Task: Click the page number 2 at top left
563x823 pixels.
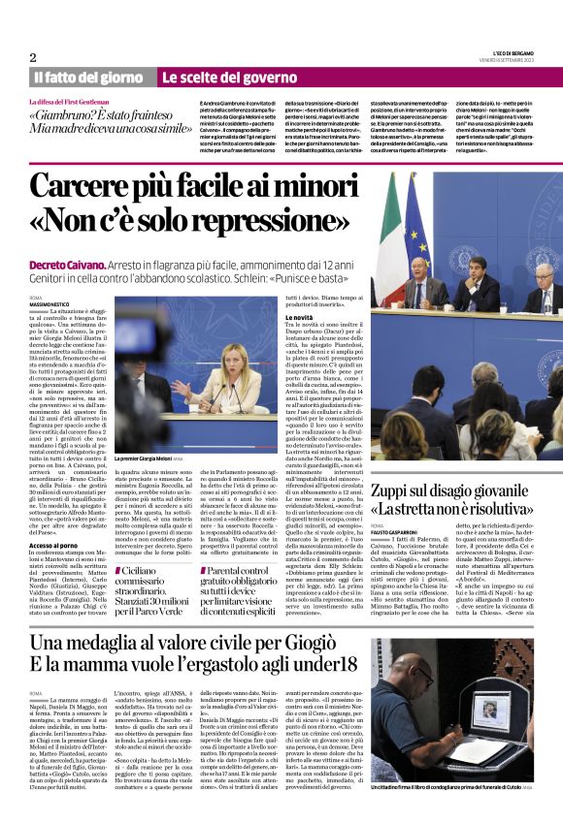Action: (x=33, y=58)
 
